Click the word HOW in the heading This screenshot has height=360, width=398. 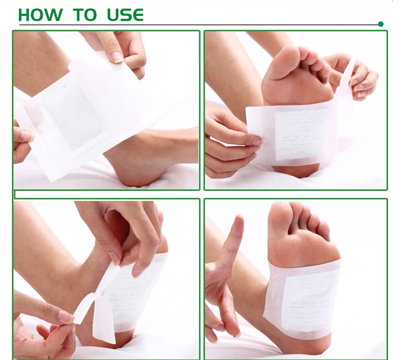[41, 15]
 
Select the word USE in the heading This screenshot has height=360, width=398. [125, 15]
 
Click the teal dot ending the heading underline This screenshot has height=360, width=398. [381, 24]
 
